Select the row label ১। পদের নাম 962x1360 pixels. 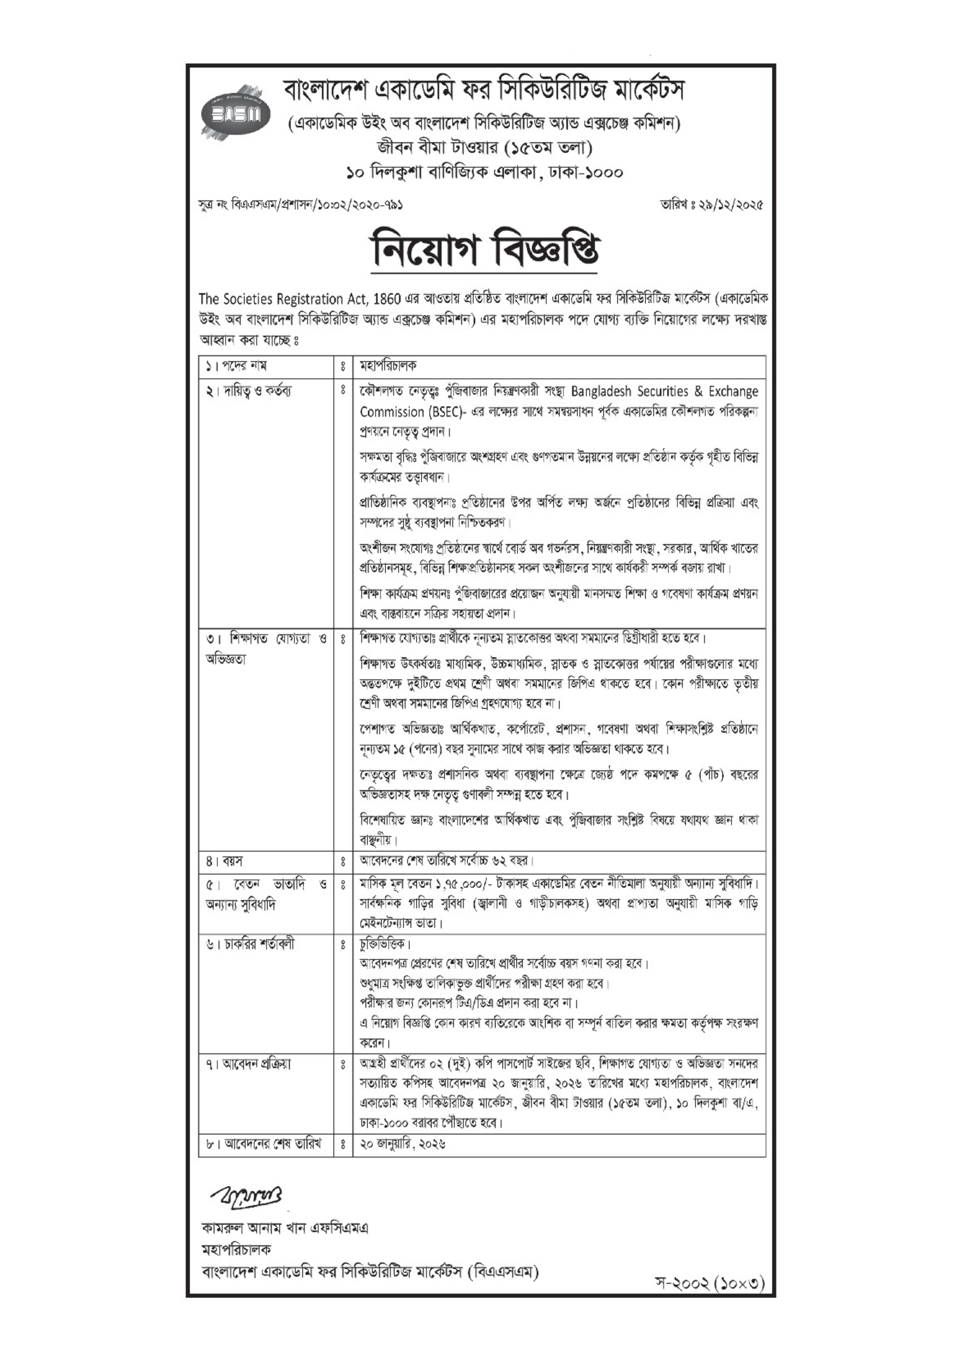point(237,366)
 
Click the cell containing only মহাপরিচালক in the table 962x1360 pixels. point(388,366)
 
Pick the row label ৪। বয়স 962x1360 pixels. point(225,861)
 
